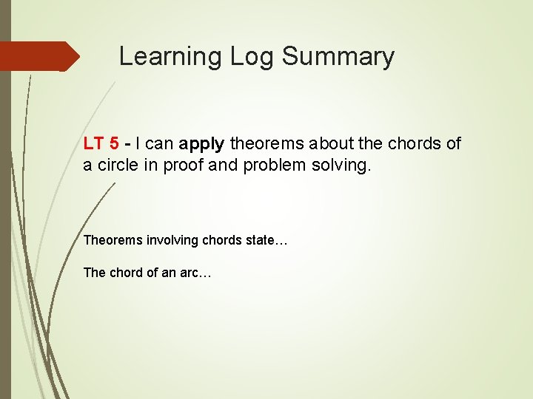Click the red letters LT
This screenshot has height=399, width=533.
93,143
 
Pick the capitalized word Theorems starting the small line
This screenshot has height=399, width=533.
111,240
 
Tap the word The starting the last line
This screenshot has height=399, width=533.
95,273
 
